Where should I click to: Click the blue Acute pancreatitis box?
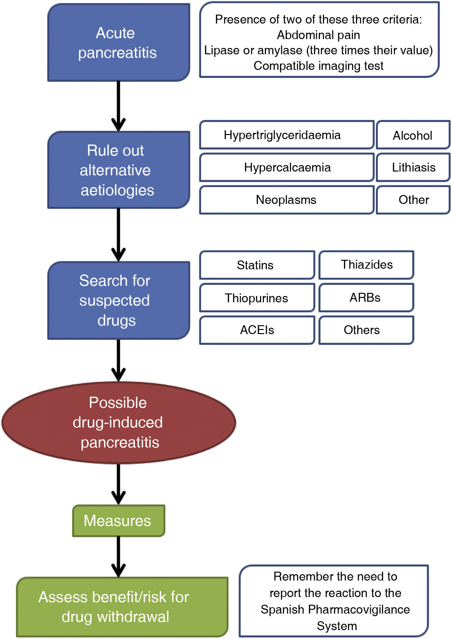[x=118, y=43]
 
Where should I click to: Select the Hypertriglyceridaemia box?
[x=287, y=135]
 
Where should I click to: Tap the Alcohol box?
[x=413, y=135]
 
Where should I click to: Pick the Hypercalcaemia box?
[x=287, y=167]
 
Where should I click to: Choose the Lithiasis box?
[x=413, y=167]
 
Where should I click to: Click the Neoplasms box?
[x=287, y=200]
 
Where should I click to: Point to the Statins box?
[x=257, y=265]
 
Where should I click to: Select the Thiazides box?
[x=366, y=265]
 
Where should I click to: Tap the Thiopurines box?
[x=257, y=298]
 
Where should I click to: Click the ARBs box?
[x=366, y=298]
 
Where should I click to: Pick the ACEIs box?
[x=257, y=330]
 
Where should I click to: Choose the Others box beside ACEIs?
[x=366, y=330]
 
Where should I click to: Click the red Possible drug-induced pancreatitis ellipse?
[x=118, y=422]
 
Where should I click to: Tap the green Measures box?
[x=118, y=521]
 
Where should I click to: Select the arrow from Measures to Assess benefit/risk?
[x=118, y=556]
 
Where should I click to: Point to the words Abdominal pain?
[x=318, y=35]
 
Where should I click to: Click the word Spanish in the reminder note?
[x=282, y=609]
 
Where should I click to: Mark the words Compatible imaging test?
[x=318, y=66]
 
